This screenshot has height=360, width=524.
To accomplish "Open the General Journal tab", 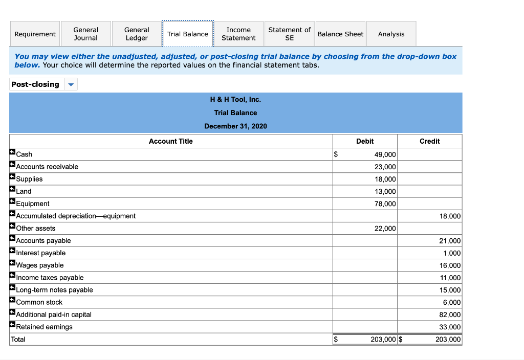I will pos(85,34).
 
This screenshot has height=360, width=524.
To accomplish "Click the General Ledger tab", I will pos(137,34).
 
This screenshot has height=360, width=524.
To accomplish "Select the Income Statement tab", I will pos(238,34).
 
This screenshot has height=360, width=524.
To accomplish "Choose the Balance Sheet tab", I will pos(340,34).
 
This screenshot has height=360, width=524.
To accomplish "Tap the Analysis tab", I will pos(391,34).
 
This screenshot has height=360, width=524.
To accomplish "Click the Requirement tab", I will pos(35,34).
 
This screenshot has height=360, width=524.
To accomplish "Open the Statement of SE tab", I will pos(289,34).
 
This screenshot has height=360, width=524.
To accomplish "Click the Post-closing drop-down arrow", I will pos(71,84).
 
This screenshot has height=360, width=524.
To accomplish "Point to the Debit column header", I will pos(365,141).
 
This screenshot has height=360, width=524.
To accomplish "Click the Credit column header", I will pos(429,141).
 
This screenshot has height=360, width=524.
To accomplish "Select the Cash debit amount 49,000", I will pos(385,154).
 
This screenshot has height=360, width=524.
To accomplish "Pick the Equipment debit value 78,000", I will pos(385,204).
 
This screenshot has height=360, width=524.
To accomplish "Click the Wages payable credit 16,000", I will pos(450,265).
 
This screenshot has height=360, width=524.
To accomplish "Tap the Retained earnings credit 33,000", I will pos(450,327).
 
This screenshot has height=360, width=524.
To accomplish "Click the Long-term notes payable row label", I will pos(54,290).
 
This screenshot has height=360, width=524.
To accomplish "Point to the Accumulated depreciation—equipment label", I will pos(76,216).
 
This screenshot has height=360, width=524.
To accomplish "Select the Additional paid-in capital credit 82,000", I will pos(450,314).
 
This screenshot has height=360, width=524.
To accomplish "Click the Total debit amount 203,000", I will pos(383,339).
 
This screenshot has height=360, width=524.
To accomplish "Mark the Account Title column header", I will pos(170,141).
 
